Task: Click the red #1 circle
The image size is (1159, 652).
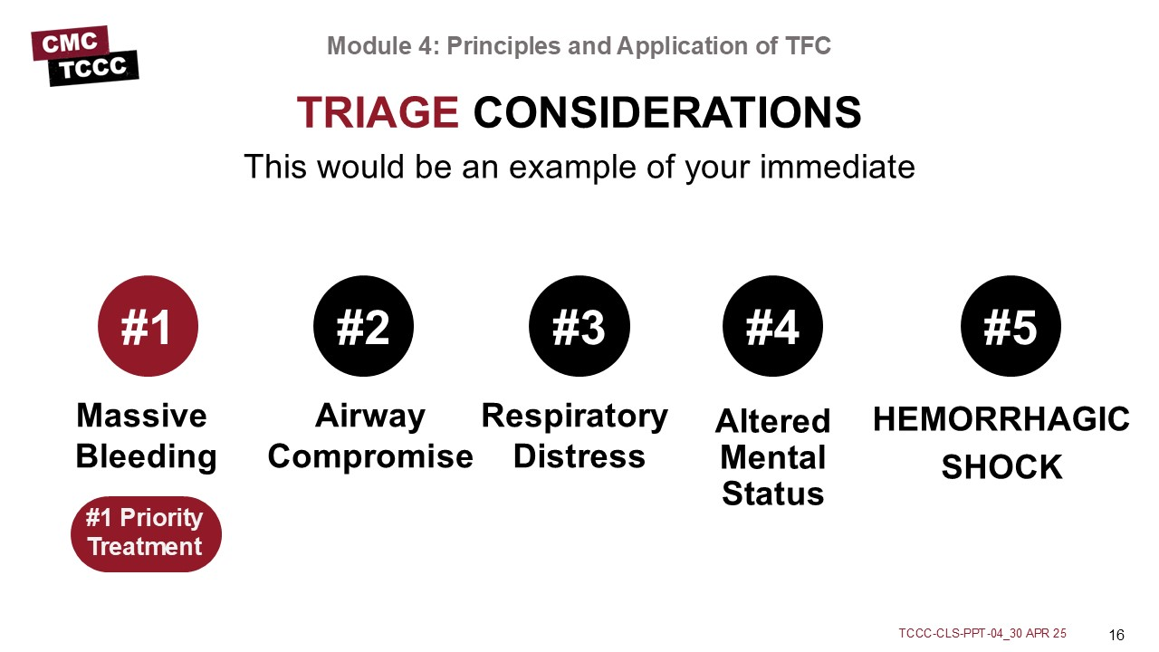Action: (x=148, y=326)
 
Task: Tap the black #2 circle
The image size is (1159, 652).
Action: (x=363, y=326)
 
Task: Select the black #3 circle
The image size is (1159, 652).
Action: (x=579, y=326)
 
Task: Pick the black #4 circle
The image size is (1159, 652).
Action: (x=772, y=326)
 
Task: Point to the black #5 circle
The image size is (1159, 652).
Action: (x=1011, y=326)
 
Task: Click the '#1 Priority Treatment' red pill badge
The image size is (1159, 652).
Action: (x=146, y=534)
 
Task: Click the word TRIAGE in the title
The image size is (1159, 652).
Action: (x=378, y=112)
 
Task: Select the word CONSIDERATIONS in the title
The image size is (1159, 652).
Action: (x=667, y=112)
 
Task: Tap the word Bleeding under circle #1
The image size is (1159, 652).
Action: (x=146, y=457)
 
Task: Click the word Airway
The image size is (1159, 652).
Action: (x=370, y=417)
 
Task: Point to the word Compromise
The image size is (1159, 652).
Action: (x=370, y=457)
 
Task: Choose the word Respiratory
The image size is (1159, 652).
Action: (x=574, y=417)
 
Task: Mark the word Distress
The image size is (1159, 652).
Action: (x=579, y=456)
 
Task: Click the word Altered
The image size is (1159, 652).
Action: (x=773, y=421)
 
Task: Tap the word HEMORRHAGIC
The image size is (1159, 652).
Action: (x=1001, y=419)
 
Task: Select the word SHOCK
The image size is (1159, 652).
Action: (x=1001, y=467)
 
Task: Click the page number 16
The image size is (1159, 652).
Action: (x=1116, y=635)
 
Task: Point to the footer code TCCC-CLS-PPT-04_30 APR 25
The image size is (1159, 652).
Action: (x=982, y=633)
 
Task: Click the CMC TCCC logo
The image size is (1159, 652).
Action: (x=85, y=56)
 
